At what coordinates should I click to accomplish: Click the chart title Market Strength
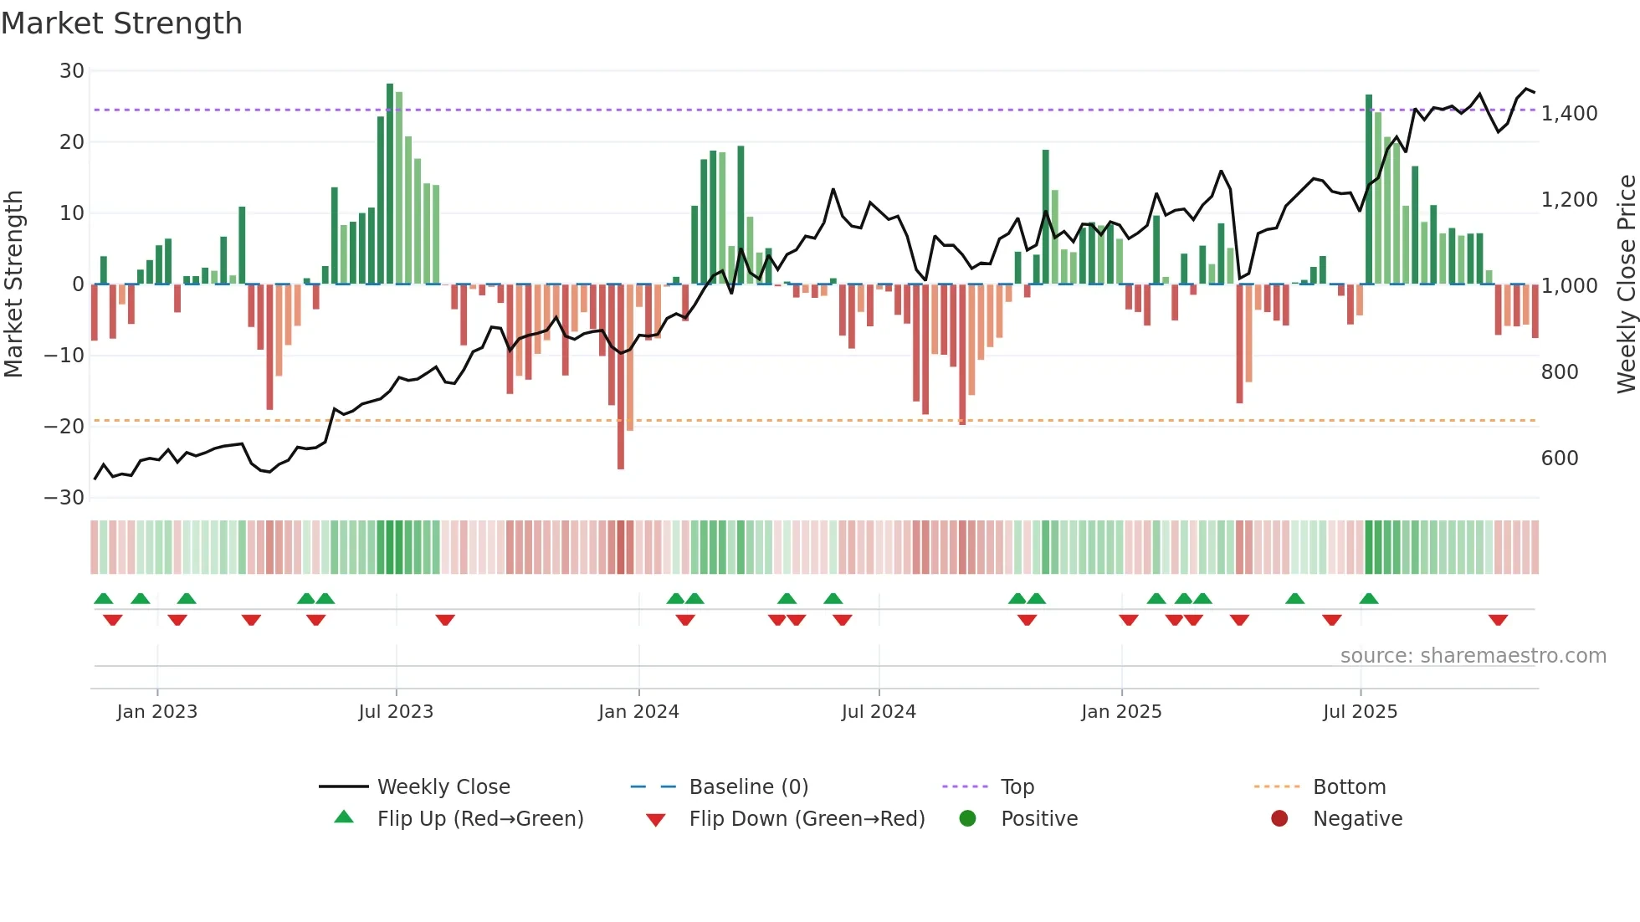pyautogui.click(x=121, y=23)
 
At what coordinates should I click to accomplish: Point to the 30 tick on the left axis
pyautogui.click(x=72, y=71)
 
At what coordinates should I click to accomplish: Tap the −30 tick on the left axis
pyautogui.click(x=64, y=498)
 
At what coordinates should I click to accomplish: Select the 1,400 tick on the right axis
pyautogui.click(x=1569, y=114)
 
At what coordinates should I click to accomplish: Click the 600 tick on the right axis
pyautogui.click(x=1559, y=458)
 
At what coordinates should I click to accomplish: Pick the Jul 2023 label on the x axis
pyautogui.click(x=396, y=712)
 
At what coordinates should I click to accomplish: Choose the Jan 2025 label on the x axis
pyautogui.click(x=1120, y=712)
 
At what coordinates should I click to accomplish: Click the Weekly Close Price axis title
pyautogui.click(x=1626, y=284)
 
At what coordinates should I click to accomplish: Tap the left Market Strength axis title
pyautogui.click(x=14, y=284)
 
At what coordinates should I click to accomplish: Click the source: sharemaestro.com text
pyautogui.click(x=1473, y=656)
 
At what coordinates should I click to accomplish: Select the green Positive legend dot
pyautogui.click(x=968, y=819)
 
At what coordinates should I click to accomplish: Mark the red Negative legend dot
pyautogui.click(x=1279, y=819)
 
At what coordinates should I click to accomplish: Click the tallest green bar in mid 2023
pyautogui.click(x=390, y=184)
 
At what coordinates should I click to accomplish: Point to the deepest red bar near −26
pyautogui.click(x=621, y=376)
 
